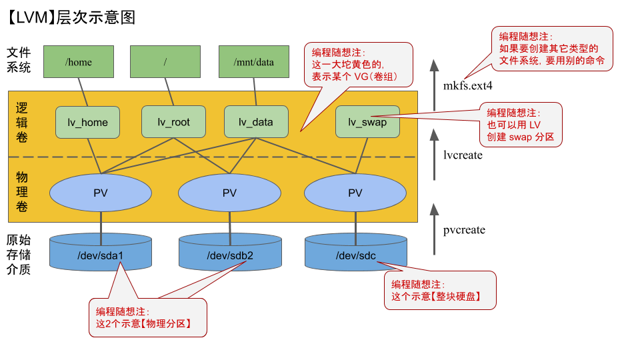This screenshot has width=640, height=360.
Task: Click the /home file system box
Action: tap(79, 62)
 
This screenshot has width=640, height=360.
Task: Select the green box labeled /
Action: tap(165, 62)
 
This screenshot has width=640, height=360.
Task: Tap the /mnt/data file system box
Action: tap(253, 62)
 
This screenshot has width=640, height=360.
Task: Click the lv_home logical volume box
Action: tap(88, 122)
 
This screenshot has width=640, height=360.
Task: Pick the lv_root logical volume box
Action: tap(173, 122)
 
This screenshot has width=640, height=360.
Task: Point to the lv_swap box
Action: tap(367, 122)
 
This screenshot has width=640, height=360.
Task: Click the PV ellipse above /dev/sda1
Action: tap(101, 193)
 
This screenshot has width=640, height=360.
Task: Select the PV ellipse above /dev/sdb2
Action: tap(229, 193)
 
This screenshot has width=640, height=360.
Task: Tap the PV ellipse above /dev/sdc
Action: tap(355, 193)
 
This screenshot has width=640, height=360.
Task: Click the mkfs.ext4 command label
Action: tap(467, 85)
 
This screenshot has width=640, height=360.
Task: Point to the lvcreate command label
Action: tap(463, 155)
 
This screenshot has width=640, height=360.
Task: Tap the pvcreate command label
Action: tap(464, 230)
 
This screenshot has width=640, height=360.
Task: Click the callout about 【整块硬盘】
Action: tap(440, 290)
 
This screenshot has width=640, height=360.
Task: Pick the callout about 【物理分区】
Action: tap(147, 317)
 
